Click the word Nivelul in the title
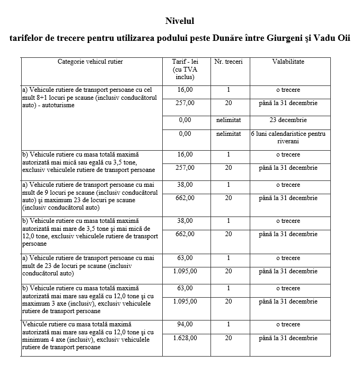(x=180, y=21)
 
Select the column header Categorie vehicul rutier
(x=90, y=62)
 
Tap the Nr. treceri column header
(x=229, y=62)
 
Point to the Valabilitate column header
(x=288, y=62)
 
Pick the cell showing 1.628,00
(x=185, y=337)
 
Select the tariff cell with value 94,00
(x=185, y=324)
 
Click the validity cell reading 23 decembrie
(x=288, y=120)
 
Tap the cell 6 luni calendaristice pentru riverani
(x=288, y=137)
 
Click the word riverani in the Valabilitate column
(x=288, y=141)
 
